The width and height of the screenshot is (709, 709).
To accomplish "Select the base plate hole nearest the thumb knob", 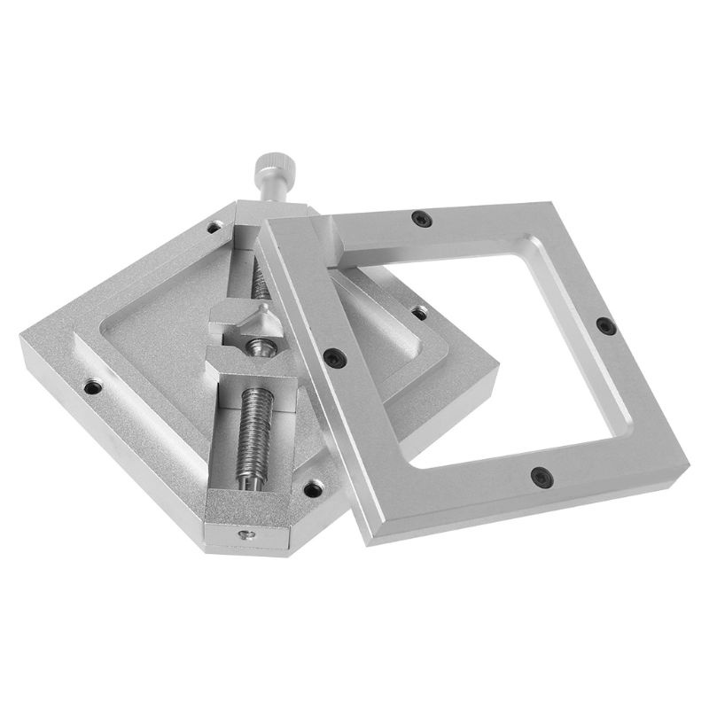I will pyautogui.click(x=214, y=227).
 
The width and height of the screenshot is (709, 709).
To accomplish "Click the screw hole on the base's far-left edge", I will pyautogui.click(x=91, y=386).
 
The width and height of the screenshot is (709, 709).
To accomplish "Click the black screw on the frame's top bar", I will pyautogui.click(x=422, y=219).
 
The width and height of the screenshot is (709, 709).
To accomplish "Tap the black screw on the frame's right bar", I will pyautogui.click(x=606, y=326).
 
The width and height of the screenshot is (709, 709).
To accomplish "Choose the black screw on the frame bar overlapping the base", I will pyautogui.click(x=334, y=357).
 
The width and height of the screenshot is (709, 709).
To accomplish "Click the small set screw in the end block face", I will pyautogui.click(x=245, y=534).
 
